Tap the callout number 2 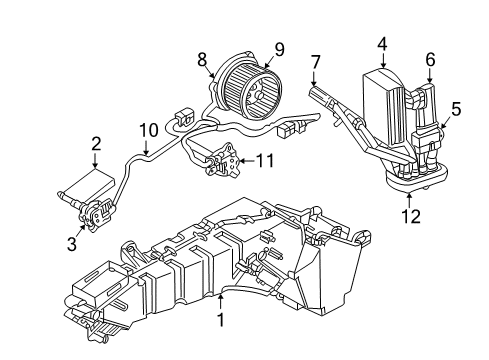[96, 144]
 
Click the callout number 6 [430, 60]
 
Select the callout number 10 [148, 129]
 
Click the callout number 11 [263, 159]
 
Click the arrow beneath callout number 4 [382, 57]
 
